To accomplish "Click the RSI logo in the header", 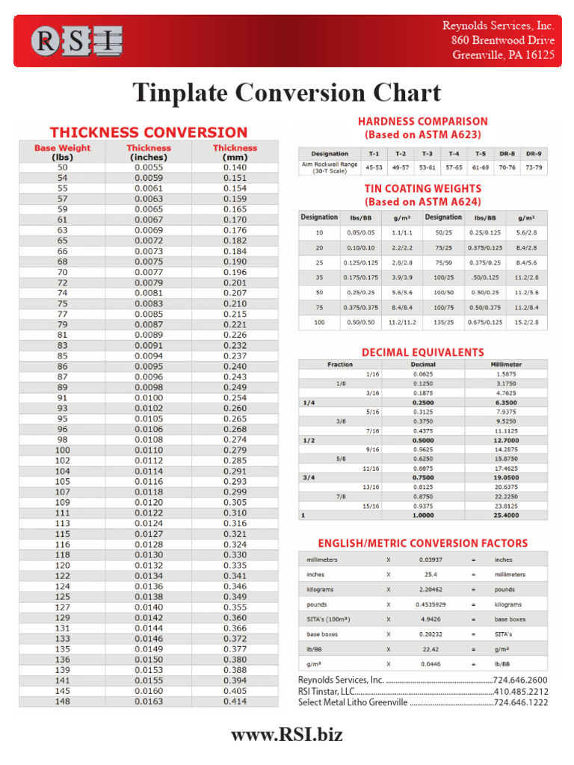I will (75, 40).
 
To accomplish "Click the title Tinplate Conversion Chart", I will (286, 93).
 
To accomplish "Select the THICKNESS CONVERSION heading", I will (148, 132).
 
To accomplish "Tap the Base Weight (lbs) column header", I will (63, 152).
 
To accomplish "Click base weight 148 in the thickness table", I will (63, 701).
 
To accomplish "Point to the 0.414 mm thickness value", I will (235, 701).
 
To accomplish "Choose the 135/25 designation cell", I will (443, 322).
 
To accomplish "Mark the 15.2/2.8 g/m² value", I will (526, 322).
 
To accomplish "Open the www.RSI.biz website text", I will (287, 734).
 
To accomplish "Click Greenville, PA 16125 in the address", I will (503, 55).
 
